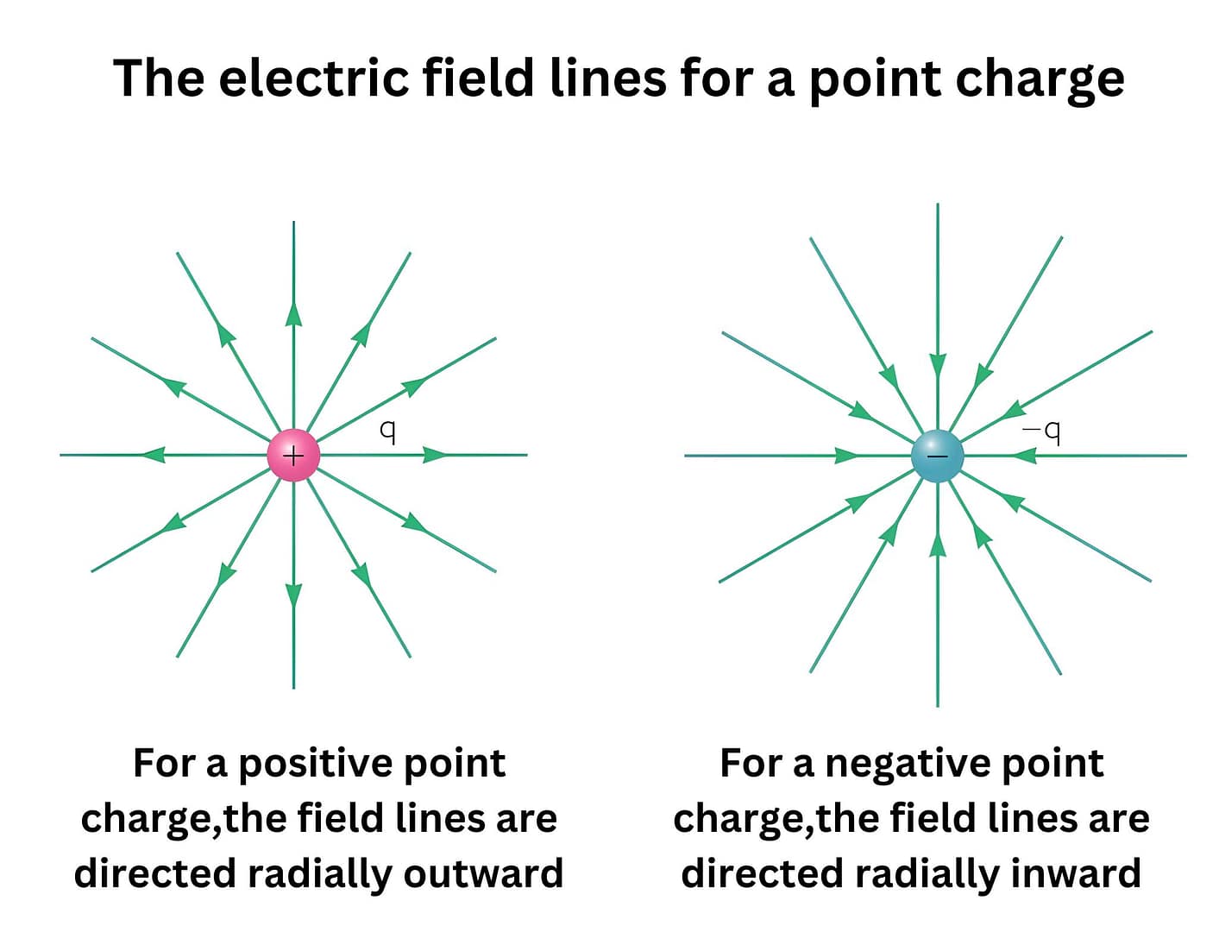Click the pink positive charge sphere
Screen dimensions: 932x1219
[293, 455]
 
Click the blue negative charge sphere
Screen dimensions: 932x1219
[937, 456]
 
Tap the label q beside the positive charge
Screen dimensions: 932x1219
[388, 431]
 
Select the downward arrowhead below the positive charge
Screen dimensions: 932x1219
[293, 595]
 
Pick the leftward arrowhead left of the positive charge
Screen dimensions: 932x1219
[154, 455]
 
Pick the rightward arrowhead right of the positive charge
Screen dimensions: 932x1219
[435, 455]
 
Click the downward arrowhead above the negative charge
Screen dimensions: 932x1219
[938, 366]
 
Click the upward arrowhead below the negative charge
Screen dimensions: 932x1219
[938, 545]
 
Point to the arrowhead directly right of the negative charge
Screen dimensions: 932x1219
[1024, 455]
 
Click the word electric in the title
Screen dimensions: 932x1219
[314, 79]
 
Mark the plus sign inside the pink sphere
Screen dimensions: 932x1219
[293, 455]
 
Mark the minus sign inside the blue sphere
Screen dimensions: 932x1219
[937, 456]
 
